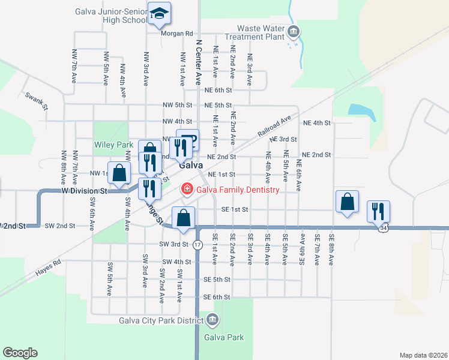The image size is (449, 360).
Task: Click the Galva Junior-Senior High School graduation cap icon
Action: [159, 13]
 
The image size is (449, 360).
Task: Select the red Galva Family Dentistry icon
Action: [187, 190]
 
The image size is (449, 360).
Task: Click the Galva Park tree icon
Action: [211, 320]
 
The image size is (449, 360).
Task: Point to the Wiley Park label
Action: [113, 145]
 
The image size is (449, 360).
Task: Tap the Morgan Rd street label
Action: [176, 34]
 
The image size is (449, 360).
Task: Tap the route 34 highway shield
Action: [383, 228]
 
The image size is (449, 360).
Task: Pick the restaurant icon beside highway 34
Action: [378, 211]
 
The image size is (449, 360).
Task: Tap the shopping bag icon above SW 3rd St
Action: [184, 217]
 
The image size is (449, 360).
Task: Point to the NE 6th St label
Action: [218, 91]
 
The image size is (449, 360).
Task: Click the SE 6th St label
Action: [217, 297]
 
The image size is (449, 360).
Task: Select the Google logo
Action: [20, 353]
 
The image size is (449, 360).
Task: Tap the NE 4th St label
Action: [317, 123]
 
